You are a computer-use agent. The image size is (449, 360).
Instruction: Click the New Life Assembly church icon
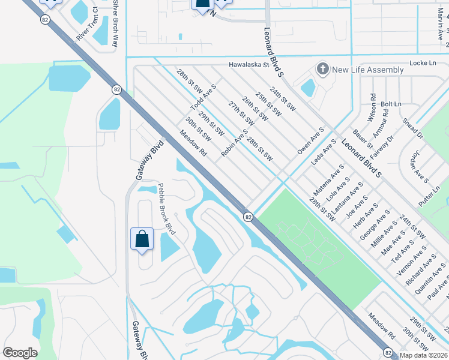point(323,69)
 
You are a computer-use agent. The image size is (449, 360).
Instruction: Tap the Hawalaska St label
point(252,65)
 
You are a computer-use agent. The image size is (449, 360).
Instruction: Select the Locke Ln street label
point(423,62)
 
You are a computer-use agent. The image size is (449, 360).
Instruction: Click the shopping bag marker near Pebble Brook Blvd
point(142,239)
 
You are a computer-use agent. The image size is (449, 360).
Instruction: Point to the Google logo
point(20,353)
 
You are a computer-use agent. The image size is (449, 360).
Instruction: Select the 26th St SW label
point(254,109)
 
